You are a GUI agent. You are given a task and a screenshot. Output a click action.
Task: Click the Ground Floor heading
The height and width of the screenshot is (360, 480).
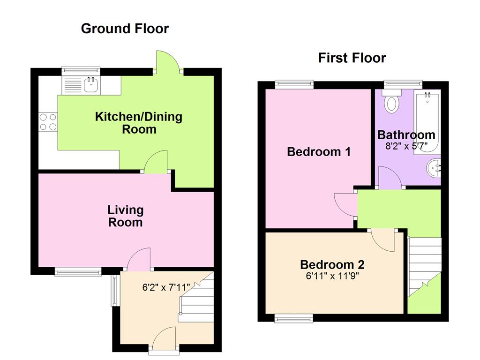tap(125, 29)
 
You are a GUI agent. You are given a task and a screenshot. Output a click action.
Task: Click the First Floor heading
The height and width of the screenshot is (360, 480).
tap(352, 58)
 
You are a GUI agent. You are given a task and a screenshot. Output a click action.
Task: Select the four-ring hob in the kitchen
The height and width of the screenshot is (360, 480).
tap(47, 121)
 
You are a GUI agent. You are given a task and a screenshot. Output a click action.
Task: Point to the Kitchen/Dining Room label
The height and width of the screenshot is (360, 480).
tap(139, 123)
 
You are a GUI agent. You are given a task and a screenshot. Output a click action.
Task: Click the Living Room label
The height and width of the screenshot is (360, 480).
tap(126, 216)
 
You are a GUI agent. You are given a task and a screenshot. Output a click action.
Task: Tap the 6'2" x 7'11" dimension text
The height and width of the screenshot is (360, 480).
tap(167, 288)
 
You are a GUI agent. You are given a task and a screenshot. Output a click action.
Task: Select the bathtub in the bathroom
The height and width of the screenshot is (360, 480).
tap(427, 122)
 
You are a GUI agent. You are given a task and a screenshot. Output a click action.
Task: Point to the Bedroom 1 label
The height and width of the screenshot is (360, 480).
tap(319, 152)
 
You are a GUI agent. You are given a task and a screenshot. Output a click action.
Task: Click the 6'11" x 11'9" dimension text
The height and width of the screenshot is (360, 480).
tap(332, 275)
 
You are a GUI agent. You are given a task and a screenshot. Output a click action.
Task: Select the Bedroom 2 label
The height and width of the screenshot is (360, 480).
tap(332, 264)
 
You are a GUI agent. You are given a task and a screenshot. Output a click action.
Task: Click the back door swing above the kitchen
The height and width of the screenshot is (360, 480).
tap(167, 62)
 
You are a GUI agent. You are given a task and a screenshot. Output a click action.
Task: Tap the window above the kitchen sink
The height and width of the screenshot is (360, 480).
tap(81, 71)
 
